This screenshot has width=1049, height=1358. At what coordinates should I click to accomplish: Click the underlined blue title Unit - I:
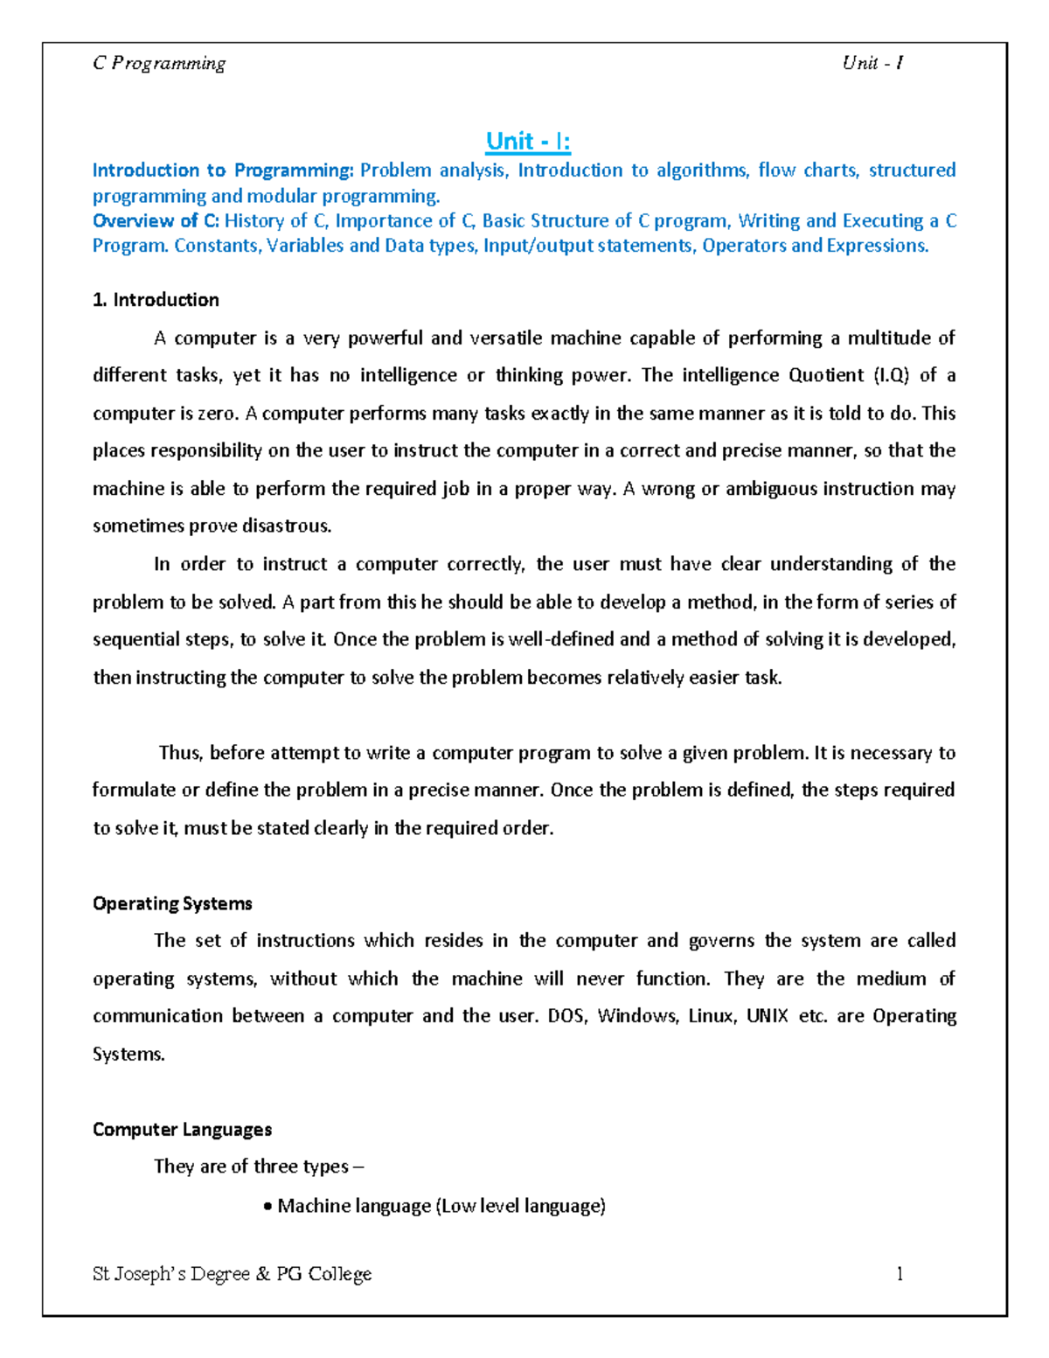click(x=528, y=142)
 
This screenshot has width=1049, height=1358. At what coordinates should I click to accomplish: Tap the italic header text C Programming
click(x=159, y=63)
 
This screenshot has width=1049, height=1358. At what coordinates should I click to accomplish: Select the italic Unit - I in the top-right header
click(x=872, y=63)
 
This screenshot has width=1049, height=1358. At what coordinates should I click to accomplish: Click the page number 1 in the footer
click(x=900, y=1274)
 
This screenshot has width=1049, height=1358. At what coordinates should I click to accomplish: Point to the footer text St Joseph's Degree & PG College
click(x=232, y=1274)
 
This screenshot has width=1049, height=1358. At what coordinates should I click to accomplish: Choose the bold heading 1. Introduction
click(x=156, y=300)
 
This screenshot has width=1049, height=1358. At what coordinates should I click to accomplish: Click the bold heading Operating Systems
click(x=172, y=903)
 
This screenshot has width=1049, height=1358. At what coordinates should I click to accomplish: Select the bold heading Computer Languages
click(x=182, y=1130)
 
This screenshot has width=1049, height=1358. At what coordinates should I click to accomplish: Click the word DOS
click(x=566, y=1016)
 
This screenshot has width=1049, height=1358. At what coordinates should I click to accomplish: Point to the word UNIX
click(x=767, y=1016)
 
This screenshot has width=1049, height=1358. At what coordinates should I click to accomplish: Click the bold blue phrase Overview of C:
click(x=156, y=221)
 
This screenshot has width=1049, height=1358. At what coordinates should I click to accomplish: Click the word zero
click(x=218, y=414)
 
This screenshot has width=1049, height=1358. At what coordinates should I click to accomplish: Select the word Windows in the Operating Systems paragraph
click(x=637, y=1016)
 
